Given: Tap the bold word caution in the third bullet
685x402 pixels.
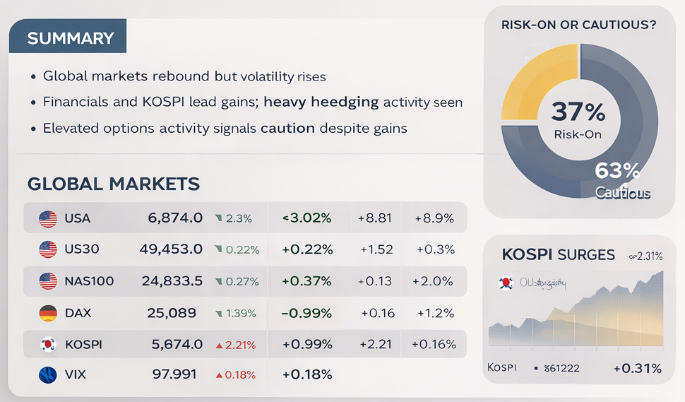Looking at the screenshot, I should tap(287, 129).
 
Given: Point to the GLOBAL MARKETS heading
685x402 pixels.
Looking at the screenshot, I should tap(113, 184).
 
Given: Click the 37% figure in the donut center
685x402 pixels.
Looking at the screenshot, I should tap(578, 112).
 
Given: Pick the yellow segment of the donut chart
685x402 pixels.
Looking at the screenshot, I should tap(533, 81).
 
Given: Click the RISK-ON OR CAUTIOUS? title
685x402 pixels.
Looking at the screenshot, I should tap(578, 25).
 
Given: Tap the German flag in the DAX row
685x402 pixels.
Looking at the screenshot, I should tap(48, 312).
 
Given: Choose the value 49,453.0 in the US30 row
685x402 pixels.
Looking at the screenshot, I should tap(175, 249).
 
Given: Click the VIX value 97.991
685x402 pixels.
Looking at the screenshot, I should tap(174, 374).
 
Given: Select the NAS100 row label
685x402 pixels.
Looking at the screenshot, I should tap(88, 281).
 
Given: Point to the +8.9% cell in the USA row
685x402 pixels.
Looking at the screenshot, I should tap(434, 218).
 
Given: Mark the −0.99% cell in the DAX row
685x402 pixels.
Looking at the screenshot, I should tap(306, 312).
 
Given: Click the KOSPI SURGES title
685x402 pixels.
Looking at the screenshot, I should tap(558, 255).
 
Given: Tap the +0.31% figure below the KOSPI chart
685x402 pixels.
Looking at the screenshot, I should tap(637, 368).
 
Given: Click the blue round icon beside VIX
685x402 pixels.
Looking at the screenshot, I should tap(48, 374).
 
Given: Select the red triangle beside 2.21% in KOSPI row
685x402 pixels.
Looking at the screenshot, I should tap(219, 345).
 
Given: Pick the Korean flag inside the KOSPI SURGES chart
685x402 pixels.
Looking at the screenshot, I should tap(505, 283).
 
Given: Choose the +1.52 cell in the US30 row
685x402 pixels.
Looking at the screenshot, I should tap(376, 249).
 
